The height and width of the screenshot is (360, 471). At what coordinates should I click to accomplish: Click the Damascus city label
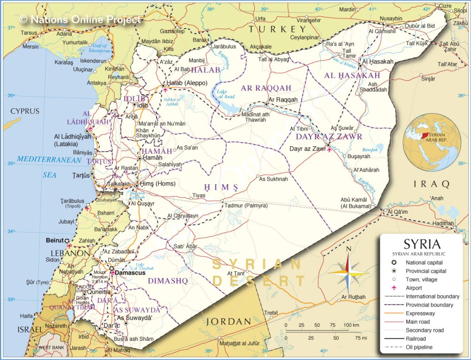[x=131, y=272]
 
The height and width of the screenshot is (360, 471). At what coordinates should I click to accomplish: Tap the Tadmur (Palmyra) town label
[x=246, y=206]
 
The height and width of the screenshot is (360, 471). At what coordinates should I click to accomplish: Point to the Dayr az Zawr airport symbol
[x=329, y=150]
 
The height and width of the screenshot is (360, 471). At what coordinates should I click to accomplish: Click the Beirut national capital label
[x=54, y=240]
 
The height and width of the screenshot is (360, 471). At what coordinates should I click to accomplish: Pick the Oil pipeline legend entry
[x=419, y=347]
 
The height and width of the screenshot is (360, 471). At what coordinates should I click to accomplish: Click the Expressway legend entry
[x=420, y=314]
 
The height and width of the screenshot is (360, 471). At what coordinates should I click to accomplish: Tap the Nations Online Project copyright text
[x=80, y=19]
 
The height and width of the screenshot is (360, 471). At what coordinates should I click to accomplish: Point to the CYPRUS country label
[x=25, y=111]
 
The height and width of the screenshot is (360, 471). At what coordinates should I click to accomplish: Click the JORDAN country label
[x=228, y=322]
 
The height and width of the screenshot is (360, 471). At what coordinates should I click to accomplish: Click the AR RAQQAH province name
[x=266, y=88]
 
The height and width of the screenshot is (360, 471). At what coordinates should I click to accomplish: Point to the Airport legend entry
[x=414, y=288]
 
